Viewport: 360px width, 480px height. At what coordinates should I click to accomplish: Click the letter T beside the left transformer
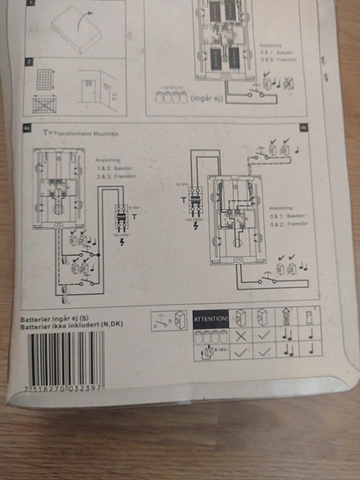pos(134,216)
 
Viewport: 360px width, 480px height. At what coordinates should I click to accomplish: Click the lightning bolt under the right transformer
pos(195,225)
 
